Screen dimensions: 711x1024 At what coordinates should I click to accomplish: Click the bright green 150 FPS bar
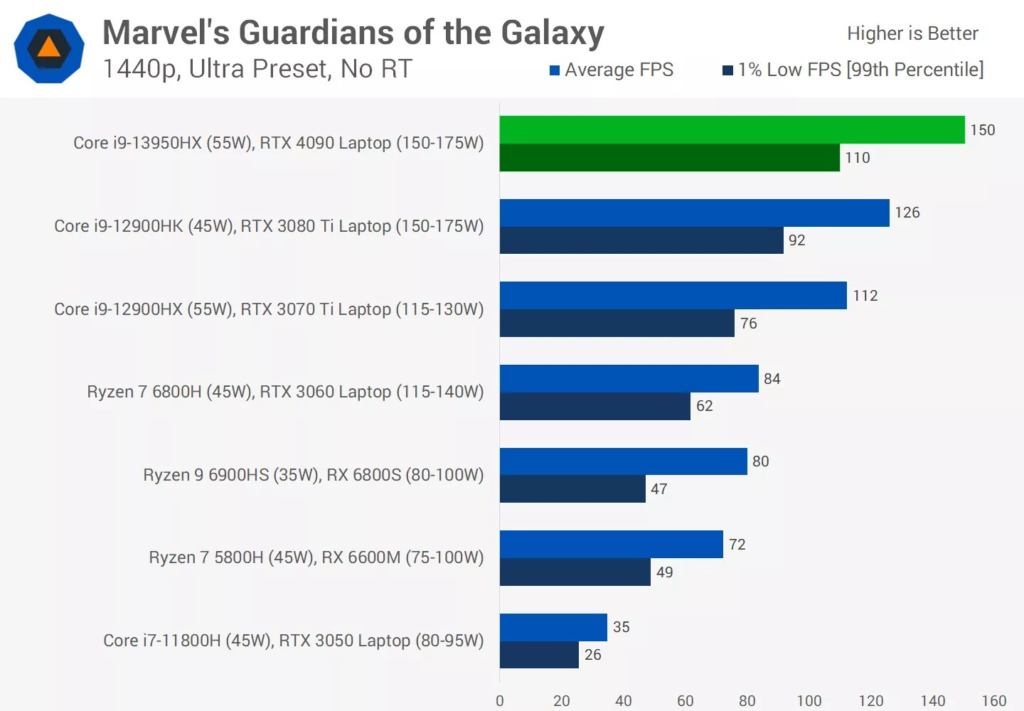point(732,130)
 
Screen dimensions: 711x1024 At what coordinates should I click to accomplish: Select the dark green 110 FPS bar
point(669,158)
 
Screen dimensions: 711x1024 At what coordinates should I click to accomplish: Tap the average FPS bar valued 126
point(694,213)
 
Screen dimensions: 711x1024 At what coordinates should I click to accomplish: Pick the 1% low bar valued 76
point(617,324)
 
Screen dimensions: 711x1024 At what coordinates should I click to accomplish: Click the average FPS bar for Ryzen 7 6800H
point(629,378)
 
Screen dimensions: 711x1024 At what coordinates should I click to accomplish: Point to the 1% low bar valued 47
point(572,489)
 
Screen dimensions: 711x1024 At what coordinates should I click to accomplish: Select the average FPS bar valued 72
point(611,545)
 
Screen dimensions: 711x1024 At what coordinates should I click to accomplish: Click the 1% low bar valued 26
point(539,655)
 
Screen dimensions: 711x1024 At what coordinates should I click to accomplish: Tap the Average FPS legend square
point(555,70)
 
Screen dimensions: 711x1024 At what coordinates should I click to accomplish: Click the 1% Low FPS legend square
point(727,70)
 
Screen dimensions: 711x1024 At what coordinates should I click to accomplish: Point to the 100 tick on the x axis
point(809,701)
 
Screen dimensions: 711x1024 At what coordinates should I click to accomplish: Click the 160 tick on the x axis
point(994,701)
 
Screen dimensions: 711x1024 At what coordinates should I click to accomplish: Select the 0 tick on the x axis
point(500,701)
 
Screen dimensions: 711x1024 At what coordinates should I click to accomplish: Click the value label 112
point(865,296)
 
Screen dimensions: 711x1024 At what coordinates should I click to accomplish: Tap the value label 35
point(622,627)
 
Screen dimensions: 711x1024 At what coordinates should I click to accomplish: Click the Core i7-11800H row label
point(293,641)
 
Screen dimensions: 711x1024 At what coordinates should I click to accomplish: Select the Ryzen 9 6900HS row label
point(313,475)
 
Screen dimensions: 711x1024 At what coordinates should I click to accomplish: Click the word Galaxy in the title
point(553,33)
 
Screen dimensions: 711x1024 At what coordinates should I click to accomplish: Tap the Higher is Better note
point(912,33)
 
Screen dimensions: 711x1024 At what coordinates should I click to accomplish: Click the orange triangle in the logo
point(49,48)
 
